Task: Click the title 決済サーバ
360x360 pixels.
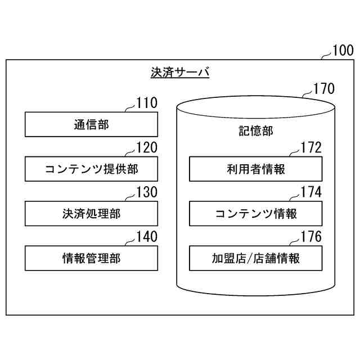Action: (x=180, y=73)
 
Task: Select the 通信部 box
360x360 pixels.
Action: (x=91, y=124)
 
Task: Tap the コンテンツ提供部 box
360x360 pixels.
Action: (x=91, y=169)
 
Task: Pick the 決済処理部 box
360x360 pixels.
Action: (x=91, y=214)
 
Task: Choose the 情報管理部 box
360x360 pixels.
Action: (x=91, y=258)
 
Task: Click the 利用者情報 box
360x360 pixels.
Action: (x=255, y=169)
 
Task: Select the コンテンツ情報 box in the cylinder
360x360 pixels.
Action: (x=255, y=214)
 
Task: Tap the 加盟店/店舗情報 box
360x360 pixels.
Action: (x=255, y=258)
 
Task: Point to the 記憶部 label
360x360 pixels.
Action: (x=255, y=131)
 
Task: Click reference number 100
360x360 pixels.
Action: (x=343, y=51)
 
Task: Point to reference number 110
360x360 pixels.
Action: (x=147, y=102)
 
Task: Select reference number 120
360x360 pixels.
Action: (x=147, y=147)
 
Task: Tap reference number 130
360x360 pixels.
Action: (x=147, y=192)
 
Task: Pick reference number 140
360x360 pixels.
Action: (x=147, y=237)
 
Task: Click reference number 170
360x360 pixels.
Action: (x=323, y=88)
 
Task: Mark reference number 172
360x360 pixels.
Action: (x=311, y=147)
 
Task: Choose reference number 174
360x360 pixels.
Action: (x=311, y=192)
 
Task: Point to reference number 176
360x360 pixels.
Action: (x=311, y=237)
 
